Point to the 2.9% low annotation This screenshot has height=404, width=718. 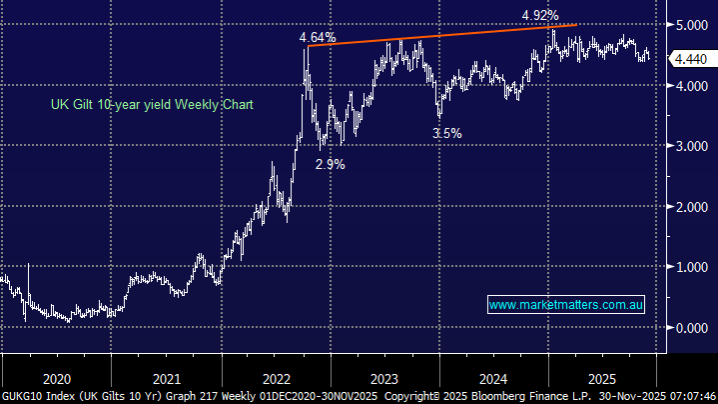point(330,165)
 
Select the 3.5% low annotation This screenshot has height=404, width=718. point(446,133)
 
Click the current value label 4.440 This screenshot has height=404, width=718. point(692,60)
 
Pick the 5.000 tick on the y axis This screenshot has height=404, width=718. point(692,25)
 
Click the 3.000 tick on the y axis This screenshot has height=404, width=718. point(692,146)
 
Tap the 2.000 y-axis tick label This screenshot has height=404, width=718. point(692,207)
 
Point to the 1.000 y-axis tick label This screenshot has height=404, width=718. point(692,267)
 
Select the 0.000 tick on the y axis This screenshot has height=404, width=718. point(692,328)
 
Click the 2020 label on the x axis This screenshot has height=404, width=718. point(57,380)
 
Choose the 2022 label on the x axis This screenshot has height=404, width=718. point(276,380)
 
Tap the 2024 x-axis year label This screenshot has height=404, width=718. point(494,380)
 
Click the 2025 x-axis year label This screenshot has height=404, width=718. point(603,380)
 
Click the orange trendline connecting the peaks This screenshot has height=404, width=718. point(439,35)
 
